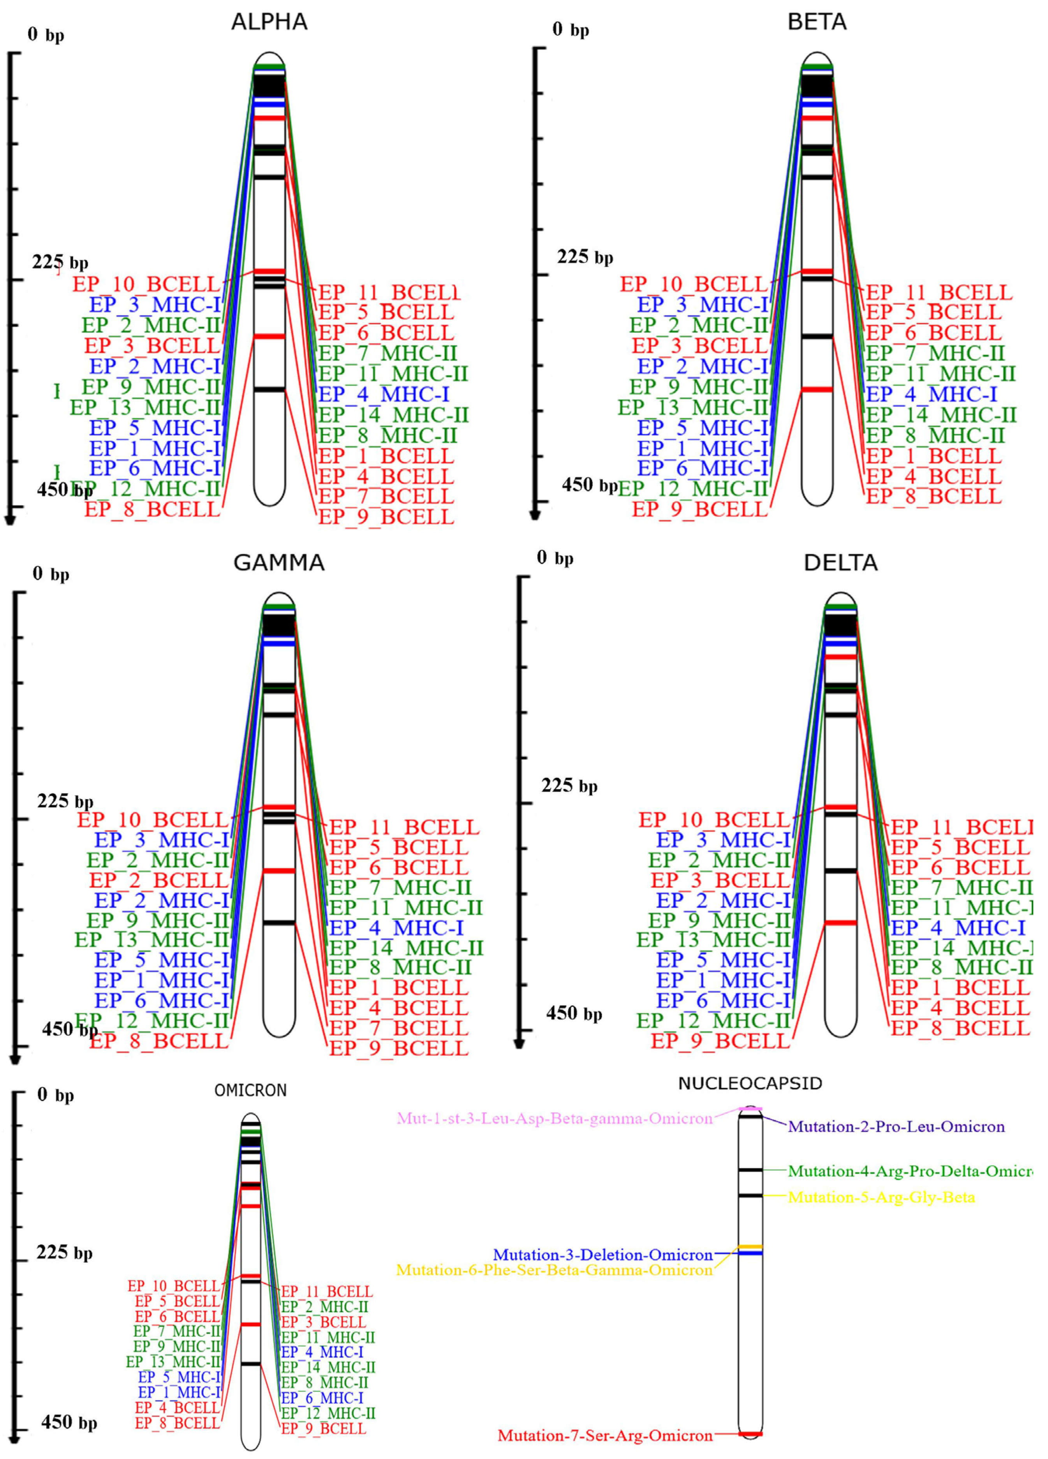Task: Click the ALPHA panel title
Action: tap(269, 22)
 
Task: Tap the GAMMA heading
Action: tap(278, 563)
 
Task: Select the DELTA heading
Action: tap(840, 563)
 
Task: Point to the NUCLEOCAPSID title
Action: tap(750, 1083)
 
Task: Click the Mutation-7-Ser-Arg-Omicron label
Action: tap(605, 1435)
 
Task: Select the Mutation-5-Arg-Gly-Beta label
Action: tap(881, 1197)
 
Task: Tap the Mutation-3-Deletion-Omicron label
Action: tap(603, 1255)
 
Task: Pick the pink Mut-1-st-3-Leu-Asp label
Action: tap(555, 1118)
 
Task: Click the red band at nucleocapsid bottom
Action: tap(750, 1434)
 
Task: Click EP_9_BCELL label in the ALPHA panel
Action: tap(386, 516)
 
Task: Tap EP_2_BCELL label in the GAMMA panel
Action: tap(159, 880)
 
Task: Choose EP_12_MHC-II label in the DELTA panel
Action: tap(713, 1020)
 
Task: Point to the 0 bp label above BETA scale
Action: tap(571, 30)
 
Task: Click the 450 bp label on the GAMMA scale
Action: tap(69, 1029)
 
